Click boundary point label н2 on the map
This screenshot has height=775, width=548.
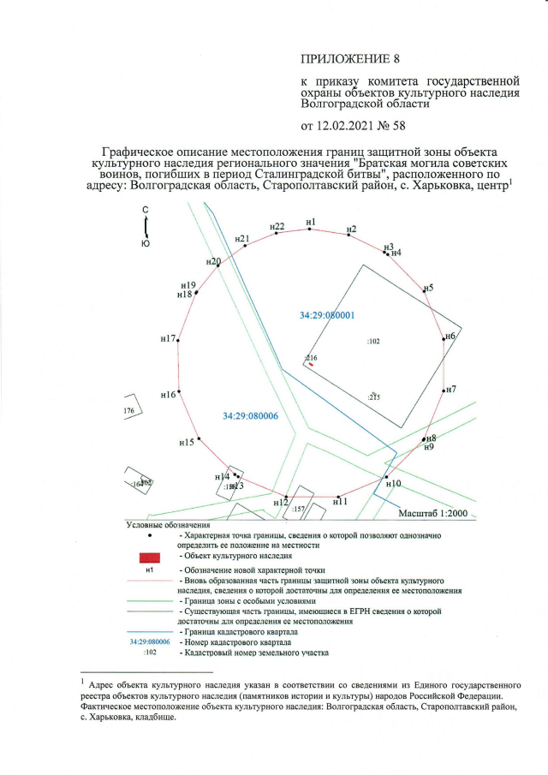tap(351, 229)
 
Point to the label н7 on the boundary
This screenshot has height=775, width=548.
tap(450, 389)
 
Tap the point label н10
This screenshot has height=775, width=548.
tap(394, 484)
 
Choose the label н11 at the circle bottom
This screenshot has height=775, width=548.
tap(340, 501)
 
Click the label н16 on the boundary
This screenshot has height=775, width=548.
tap(168, 395)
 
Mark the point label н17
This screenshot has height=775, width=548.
tap(168, 339)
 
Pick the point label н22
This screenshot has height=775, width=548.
tap(277, 226)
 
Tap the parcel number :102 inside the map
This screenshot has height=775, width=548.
tap(373, 341)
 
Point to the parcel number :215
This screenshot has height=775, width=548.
tap(373, 397)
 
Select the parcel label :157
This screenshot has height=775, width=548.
tap(299, 510)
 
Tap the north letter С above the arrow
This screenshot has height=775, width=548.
tap(146, 210)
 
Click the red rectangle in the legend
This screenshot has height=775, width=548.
tap(149, 557)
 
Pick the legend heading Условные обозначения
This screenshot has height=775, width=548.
tap(168, 524)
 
